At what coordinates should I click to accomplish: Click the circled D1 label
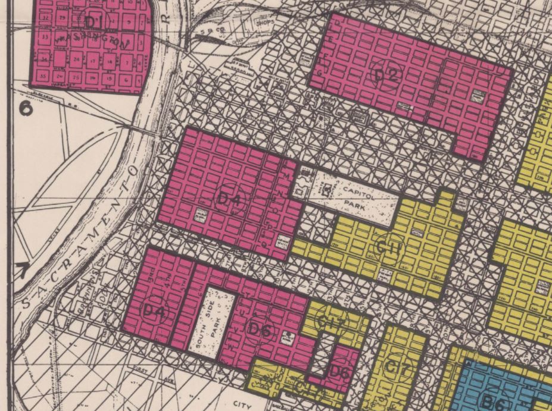[94, 23]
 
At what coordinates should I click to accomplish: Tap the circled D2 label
[385, 76]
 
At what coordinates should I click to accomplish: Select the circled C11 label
[389, 247]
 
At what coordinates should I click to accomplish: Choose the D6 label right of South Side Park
[260, 329]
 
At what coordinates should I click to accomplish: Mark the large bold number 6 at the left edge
[25, 108]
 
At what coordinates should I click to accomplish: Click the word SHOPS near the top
[263, 23]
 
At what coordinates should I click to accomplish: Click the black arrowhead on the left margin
[23, 271]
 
